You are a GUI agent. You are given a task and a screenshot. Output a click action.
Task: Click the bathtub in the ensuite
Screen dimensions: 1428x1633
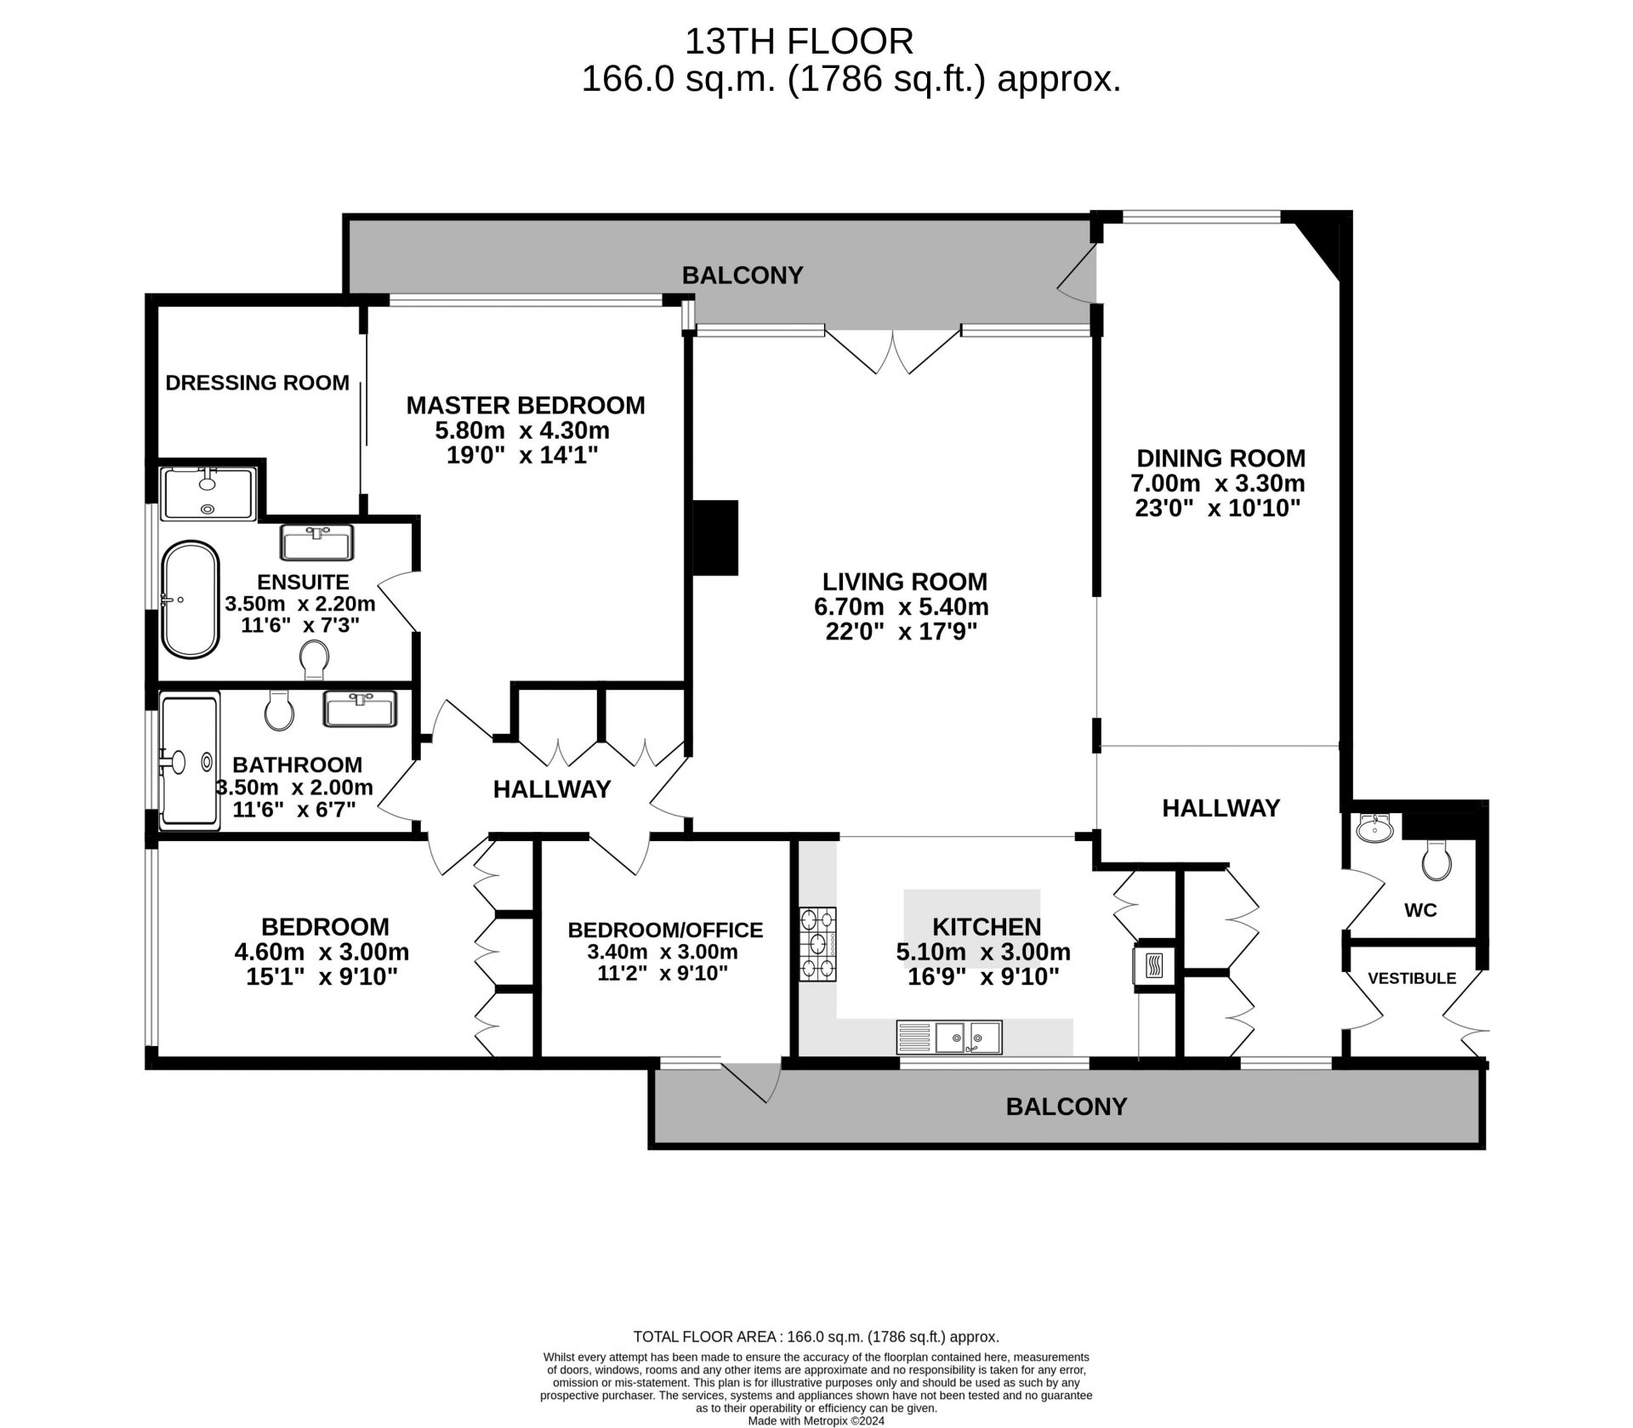coord(191,600)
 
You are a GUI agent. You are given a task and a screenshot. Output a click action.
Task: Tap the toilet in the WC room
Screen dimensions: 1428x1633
coord(1437,860)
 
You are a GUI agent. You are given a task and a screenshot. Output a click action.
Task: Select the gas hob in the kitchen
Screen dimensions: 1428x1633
coord(817,943)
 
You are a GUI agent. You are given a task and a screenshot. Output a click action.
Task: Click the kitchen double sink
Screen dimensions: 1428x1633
coord(968,1037)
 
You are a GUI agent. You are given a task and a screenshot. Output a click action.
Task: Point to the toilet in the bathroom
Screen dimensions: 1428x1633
coord(279,709)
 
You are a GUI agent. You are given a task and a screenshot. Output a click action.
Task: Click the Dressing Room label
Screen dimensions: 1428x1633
coord(257,383)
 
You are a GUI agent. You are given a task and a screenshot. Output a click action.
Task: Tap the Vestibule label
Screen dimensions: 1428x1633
coord(1412,978)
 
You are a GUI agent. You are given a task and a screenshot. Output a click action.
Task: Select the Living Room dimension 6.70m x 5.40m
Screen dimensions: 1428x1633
coord(902,606)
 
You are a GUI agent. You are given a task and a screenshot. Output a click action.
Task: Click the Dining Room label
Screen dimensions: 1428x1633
coord(1220,458)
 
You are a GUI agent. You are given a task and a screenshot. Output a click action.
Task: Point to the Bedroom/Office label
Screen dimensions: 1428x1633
coord(665,930)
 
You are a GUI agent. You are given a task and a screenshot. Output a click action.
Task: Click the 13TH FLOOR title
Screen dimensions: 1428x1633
coord(799,41)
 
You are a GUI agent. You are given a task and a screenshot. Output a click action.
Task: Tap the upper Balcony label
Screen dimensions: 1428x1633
coord(743,275)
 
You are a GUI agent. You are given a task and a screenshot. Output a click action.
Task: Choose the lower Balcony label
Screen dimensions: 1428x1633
coord(1066,1106)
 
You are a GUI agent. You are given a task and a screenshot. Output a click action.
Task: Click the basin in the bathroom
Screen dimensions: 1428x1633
coord(360,708)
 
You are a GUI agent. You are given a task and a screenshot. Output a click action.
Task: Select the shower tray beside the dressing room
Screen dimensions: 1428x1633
coord(208,493)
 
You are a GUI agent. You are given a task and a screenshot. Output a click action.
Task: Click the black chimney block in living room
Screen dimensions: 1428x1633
coord(715,537)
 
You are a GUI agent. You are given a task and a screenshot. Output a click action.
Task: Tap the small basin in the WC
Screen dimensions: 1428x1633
coord(1374,827)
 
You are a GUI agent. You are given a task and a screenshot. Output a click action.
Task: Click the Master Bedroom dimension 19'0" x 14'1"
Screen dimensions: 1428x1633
coord(522,455)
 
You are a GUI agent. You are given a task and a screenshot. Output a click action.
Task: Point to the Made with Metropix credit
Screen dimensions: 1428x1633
coord(816,1420)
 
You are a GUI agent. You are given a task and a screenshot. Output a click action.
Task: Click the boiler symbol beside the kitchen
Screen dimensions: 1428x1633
coord(1154,966)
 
